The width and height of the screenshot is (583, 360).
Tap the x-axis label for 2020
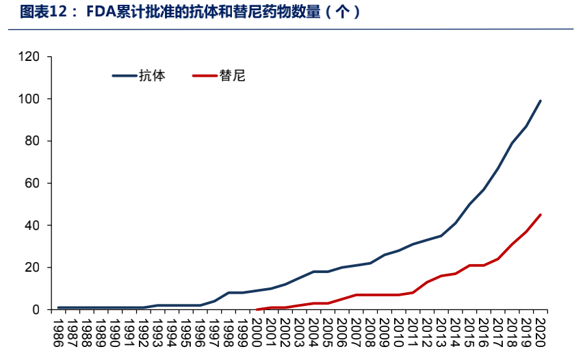tap(541, 331)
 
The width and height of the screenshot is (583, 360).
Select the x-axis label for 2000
tap(257, 331)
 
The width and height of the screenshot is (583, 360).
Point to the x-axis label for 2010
tap(398, 331)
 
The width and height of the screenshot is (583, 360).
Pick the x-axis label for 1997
tap(214, 331)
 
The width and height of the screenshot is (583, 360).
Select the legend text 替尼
tap(232, 76)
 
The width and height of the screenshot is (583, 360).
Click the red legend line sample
tap(205, 76)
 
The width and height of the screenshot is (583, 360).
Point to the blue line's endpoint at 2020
tap(541, 101)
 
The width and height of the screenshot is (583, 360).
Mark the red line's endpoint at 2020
tap(541, 215)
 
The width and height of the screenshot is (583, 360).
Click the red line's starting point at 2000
tap(257, 309)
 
